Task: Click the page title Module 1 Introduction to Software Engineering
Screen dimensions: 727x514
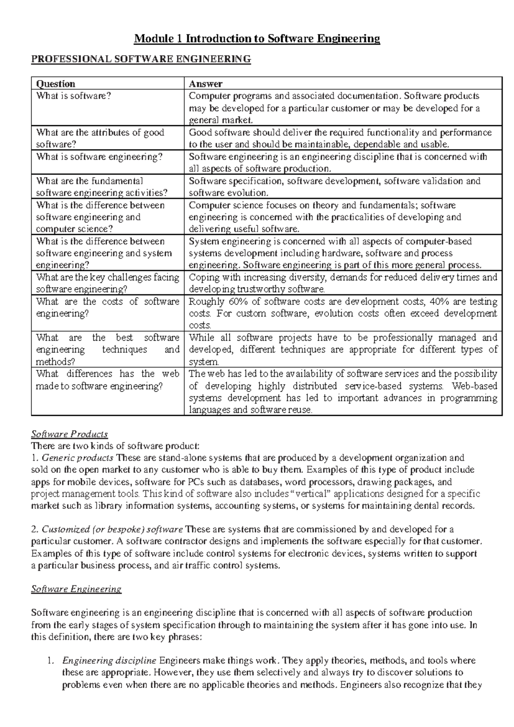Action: pos(257,39)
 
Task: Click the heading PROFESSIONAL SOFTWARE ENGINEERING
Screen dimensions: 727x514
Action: pos(141,59)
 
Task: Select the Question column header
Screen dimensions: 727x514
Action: pos(56,84)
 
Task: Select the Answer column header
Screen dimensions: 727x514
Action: pos(206,84)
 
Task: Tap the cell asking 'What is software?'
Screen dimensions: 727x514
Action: pos(73,96)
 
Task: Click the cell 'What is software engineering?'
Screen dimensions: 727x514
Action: pos(99,157)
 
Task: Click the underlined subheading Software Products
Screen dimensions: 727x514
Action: pos(69,434)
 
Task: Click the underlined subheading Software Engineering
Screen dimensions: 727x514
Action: pos(76,589)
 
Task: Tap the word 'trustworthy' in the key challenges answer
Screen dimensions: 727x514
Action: pos(260,289)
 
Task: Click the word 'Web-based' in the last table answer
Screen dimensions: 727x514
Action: pos(477,386)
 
